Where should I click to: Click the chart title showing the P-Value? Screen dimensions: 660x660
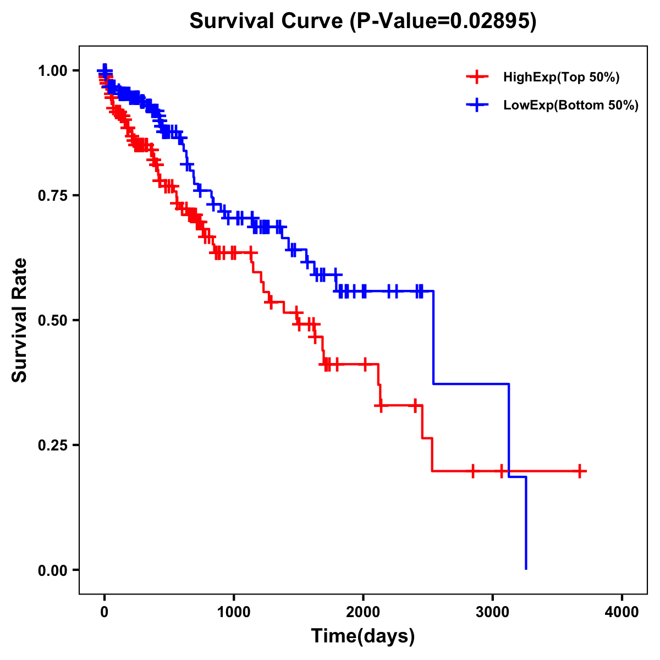coord(362,21)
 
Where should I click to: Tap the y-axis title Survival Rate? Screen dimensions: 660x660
coord(20,320)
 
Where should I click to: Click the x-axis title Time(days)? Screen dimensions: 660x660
coord(362,636)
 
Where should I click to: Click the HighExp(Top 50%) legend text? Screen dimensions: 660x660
coord(561,78)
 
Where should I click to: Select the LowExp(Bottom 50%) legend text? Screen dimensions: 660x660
coord(571,106)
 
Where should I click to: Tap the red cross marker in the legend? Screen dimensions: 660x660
coord(477,77)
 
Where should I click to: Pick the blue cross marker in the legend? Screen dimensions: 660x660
coord(477,105)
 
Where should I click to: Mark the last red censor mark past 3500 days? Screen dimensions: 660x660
coord(580,471)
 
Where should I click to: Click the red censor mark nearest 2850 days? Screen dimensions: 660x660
coord(473,471)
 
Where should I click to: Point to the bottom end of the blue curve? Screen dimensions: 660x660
coord(526,568)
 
